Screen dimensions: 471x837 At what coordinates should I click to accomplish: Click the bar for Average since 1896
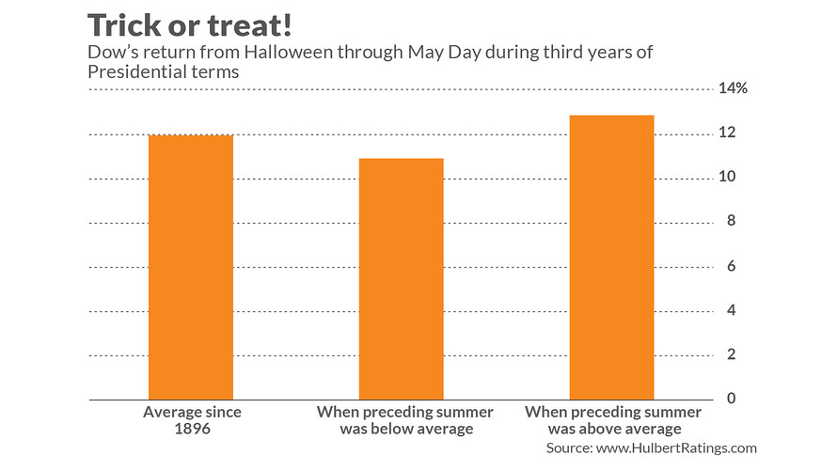pyautogui.click(x=191, y=268)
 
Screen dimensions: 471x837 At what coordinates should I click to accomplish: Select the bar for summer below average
pyautogui.click(x=402, y=279)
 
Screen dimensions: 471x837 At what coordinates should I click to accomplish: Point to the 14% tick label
pyautogui.click(x=734, y=88)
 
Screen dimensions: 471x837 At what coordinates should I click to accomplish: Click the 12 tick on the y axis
pyautogui.click(x=727, y=133)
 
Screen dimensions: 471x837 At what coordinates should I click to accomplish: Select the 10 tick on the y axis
pyautogui.click(x=727, y=177)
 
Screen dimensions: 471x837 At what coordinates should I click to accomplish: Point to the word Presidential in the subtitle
pyautogui.click(x=132, y=71)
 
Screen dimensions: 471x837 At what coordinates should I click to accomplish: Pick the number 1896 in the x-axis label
pyautogui.click(x=192, y=430)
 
